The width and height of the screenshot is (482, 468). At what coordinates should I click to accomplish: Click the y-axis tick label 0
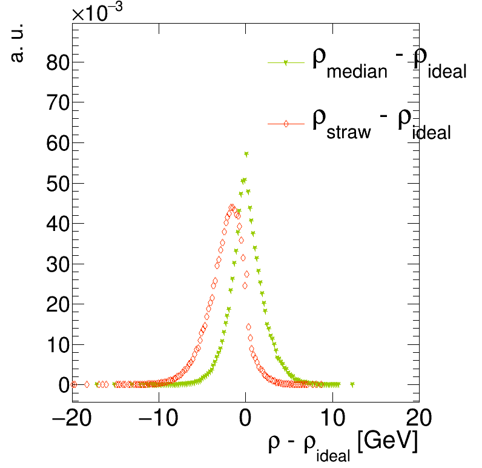tap(64, 384)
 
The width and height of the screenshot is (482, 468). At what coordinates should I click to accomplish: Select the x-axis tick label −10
tap(159, 419)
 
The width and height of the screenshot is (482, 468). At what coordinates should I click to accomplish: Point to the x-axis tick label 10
tap(332, 419)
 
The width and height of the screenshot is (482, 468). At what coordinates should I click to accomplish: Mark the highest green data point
tap(246, 154)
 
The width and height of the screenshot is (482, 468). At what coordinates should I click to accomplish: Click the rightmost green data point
tap(352, 384)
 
